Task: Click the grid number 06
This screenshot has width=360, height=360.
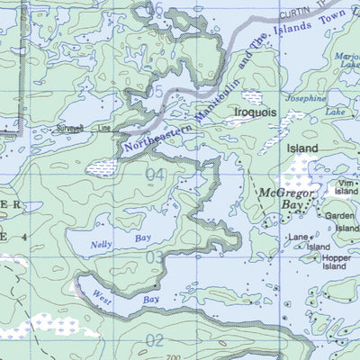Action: [156, 9]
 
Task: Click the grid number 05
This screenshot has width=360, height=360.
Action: [156, 92]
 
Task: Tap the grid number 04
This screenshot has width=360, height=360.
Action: [156, 174]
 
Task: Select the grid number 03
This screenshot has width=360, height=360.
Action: [156, 258]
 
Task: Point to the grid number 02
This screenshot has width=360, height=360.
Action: [156, 340]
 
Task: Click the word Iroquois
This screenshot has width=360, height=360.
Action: [256, 113]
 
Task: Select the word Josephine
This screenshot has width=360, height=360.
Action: [306, 97]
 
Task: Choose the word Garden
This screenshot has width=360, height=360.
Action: [341, 216]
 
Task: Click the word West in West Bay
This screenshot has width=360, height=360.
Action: [101, 296]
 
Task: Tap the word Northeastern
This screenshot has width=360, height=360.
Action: [153, 135]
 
